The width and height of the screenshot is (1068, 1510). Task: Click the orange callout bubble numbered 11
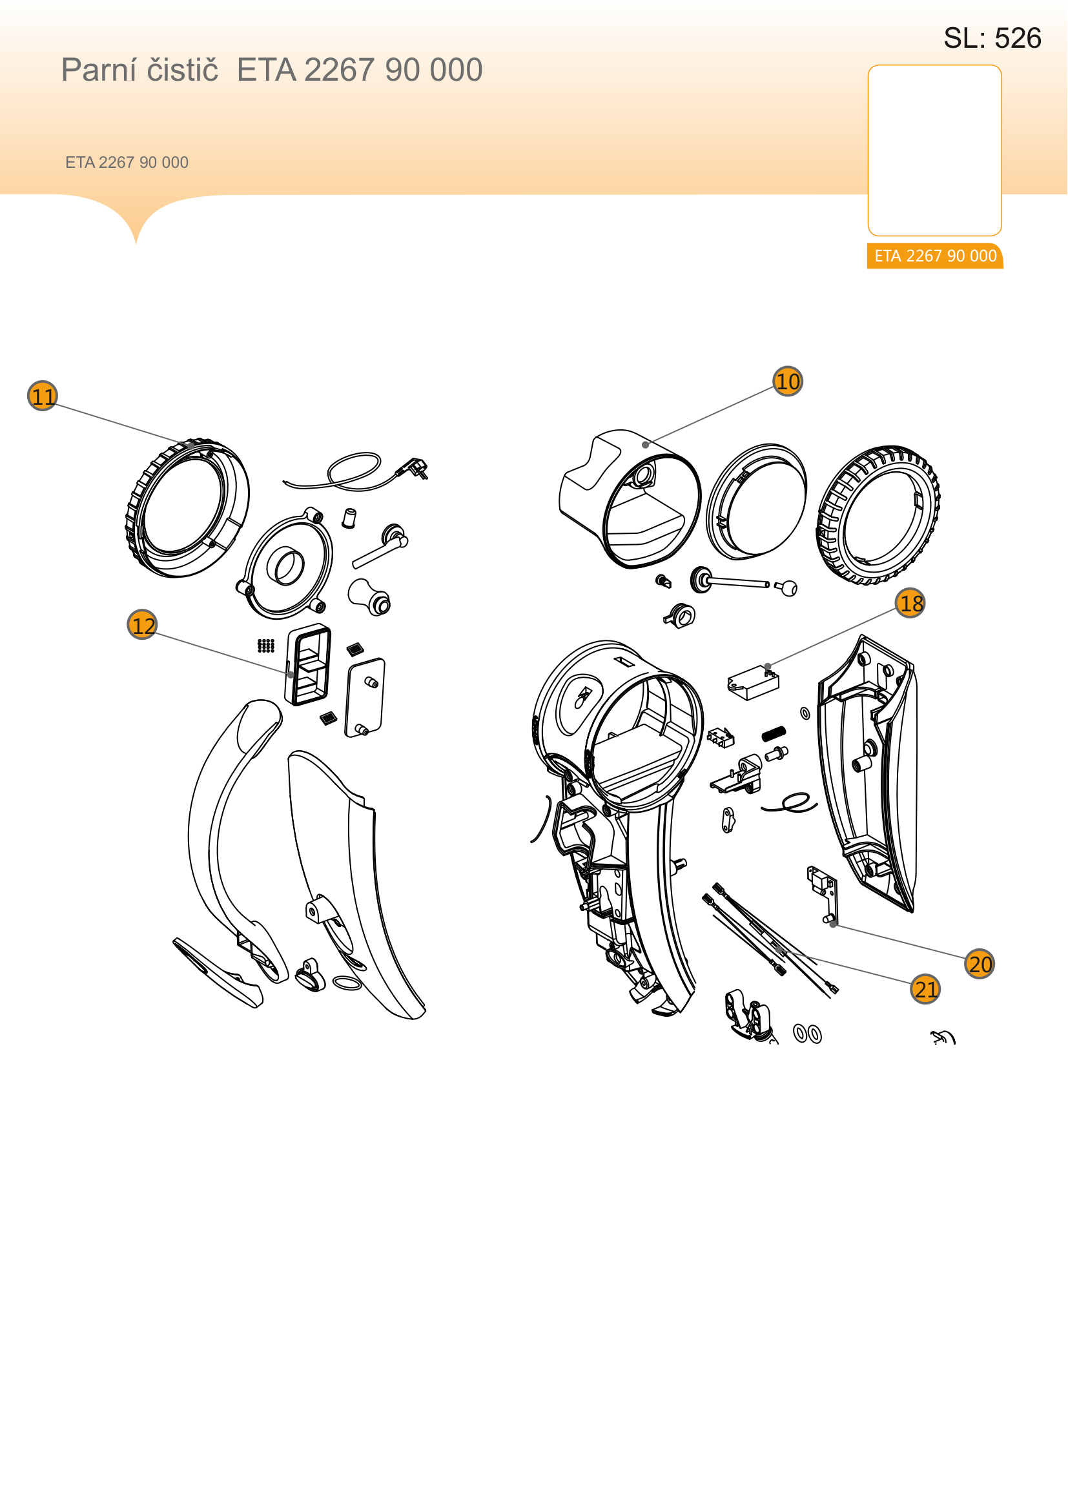click(x=43, y=396)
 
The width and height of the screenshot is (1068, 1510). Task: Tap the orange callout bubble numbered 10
click(x=788, y=382)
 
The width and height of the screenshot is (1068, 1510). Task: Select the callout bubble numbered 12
click(x=143, y=625)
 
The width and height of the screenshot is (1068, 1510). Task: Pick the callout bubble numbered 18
click(x=911, y=603)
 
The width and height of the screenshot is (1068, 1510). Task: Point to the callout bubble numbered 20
click(x=980, y=964)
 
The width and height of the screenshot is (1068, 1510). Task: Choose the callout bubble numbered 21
click(x=926, y=989)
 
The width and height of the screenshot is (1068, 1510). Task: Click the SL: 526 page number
click(x=992, y=38)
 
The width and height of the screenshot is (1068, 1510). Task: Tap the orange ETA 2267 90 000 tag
click(x=935, y=256)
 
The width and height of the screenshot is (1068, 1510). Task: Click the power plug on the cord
click(x=415, y=467)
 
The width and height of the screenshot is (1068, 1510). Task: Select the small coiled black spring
click(x=774, y=733)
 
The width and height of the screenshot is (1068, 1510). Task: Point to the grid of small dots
click(x=265, y=646)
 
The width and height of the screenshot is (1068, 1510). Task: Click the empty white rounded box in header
click(x=934, y=150)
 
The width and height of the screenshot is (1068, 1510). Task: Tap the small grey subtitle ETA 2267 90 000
click(x=127, y=163)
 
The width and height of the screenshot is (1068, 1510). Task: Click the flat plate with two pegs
click(x=365, y=698)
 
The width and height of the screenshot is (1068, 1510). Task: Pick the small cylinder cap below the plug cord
click(x=349, y=518)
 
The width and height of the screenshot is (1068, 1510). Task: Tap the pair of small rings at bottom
click(x=808, y=1034)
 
